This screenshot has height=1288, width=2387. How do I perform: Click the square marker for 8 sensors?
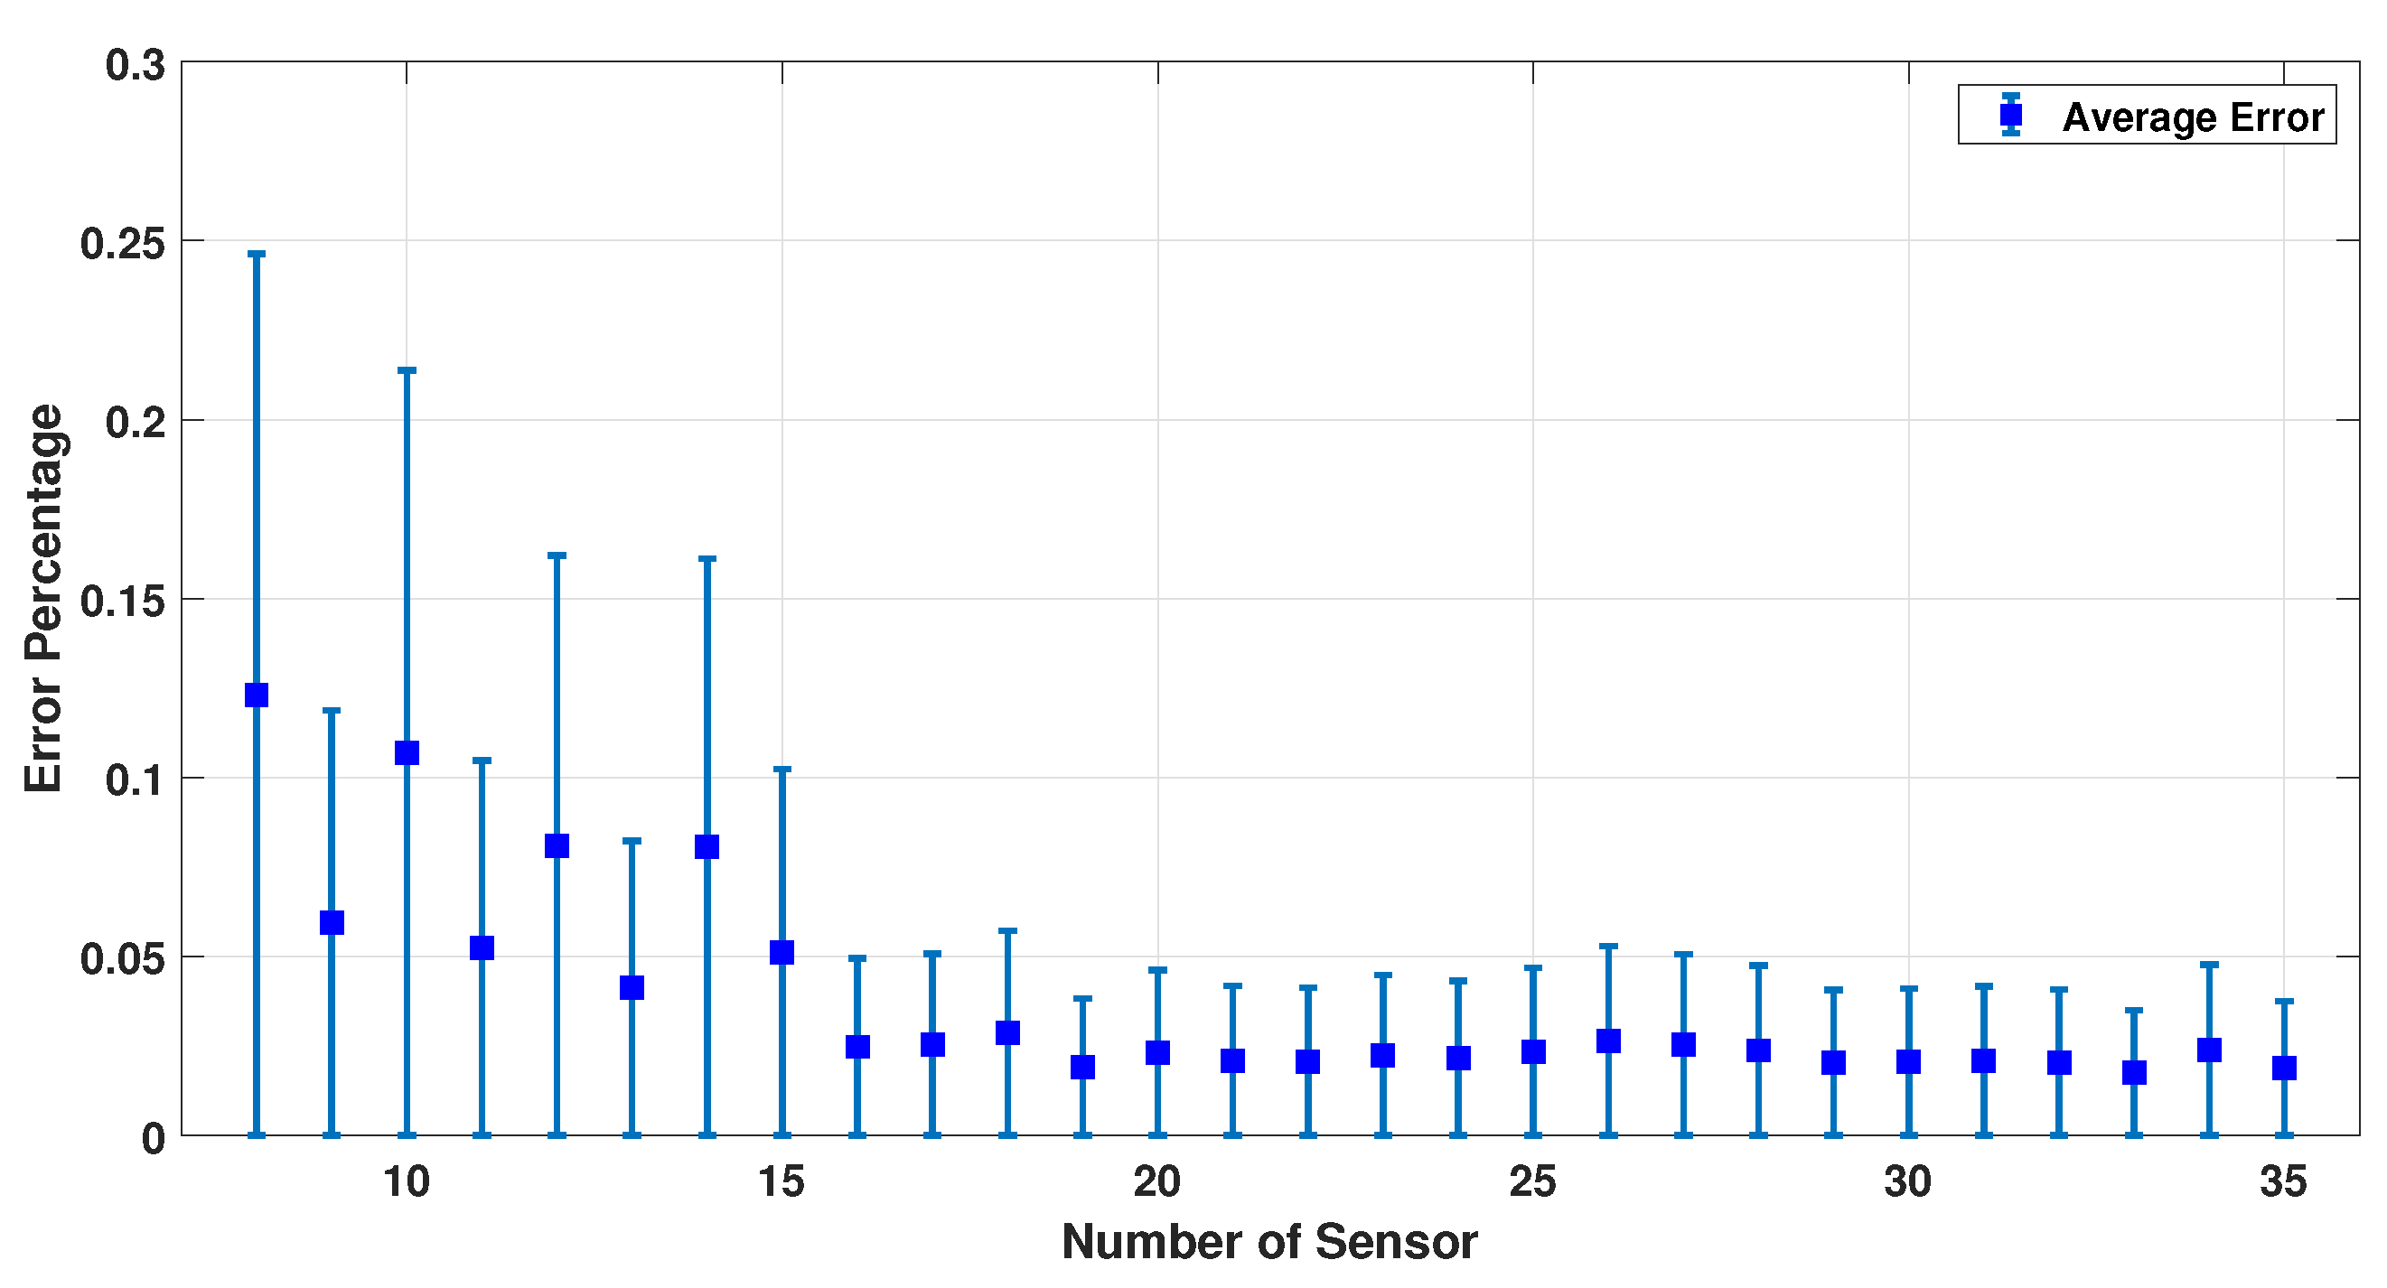257,695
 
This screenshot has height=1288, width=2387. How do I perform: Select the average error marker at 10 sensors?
407,752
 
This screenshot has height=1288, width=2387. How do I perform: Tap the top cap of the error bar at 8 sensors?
257,253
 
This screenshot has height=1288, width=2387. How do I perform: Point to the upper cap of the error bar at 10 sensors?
407,369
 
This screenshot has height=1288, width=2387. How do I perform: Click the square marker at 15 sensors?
782,953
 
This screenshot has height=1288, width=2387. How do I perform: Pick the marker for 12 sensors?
557,846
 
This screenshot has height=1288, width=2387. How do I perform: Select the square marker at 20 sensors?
1157,1052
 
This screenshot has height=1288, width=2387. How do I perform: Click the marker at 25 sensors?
1533,1051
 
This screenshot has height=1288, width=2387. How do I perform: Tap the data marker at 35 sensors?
2284,1069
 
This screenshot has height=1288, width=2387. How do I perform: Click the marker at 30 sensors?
1909,1062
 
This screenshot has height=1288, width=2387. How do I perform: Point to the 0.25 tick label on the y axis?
122,244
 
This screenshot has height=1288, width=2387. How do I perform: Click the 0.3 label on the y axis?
136,66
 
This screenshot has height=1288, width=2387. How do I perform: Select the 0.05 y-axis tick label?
122,959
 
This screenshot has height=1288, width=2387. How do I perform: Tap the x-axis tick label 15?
782,1182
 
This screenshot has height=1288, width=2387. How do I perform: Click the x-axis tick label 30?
1908,1182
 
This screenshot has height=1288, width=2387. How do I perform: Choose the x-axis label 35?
2283,1182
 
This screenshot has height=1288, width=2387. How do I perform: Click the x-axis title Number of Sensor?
1268,1243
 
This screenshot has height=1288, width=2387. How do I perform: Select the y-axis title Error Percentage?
43,599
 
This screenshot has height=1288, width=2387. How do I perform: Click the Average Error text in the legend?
2193,117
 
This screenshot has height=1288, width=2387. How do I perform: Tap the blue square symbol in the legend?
2011,115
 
